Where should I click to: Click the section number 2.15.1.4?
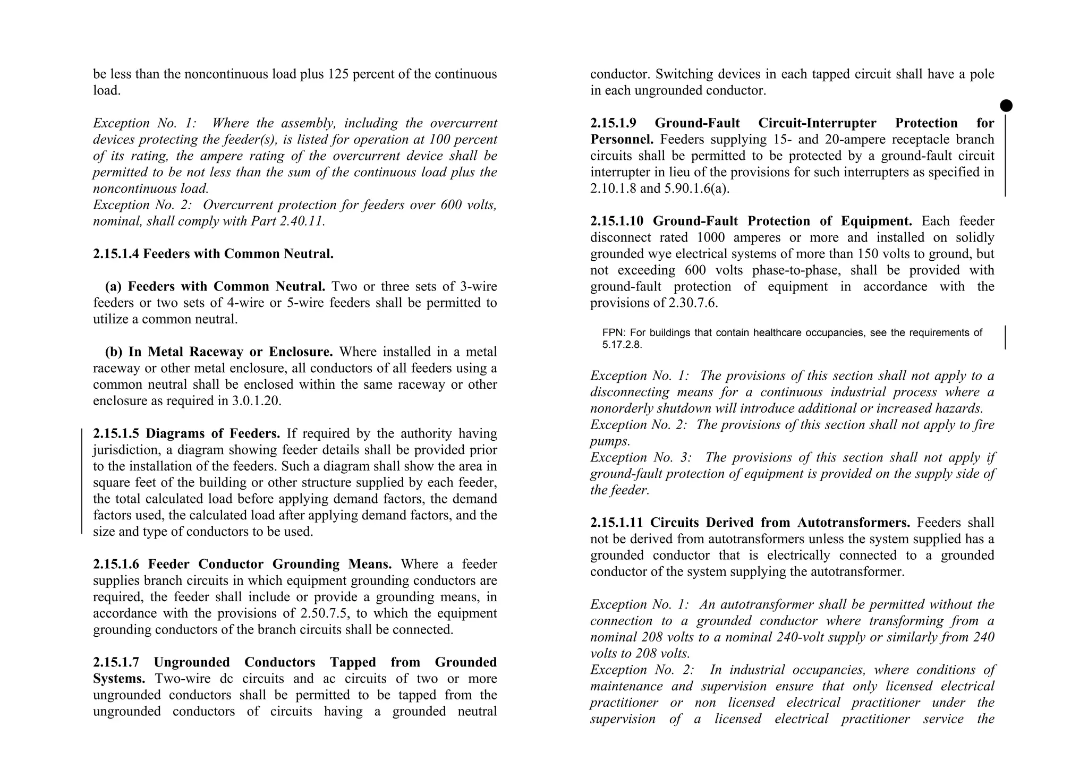(x=116, y=254)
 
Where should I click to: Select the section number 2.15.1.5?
(x=116, y=434)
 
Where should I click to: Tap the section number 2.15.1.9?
(x=613, y=123)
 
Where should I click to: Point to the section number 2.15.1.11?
(x=616, y=523)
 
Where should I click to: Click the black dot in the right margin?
(x=1006, y=106)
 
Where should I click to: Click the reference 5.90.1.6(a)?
(x=696, y=189)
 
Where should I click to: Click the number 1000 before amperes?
(x=710, y=237)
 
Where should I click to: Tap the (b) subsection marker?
(x=114, y=352)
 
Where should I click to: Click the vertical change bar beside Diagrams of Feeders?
(x=82, y=481)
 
